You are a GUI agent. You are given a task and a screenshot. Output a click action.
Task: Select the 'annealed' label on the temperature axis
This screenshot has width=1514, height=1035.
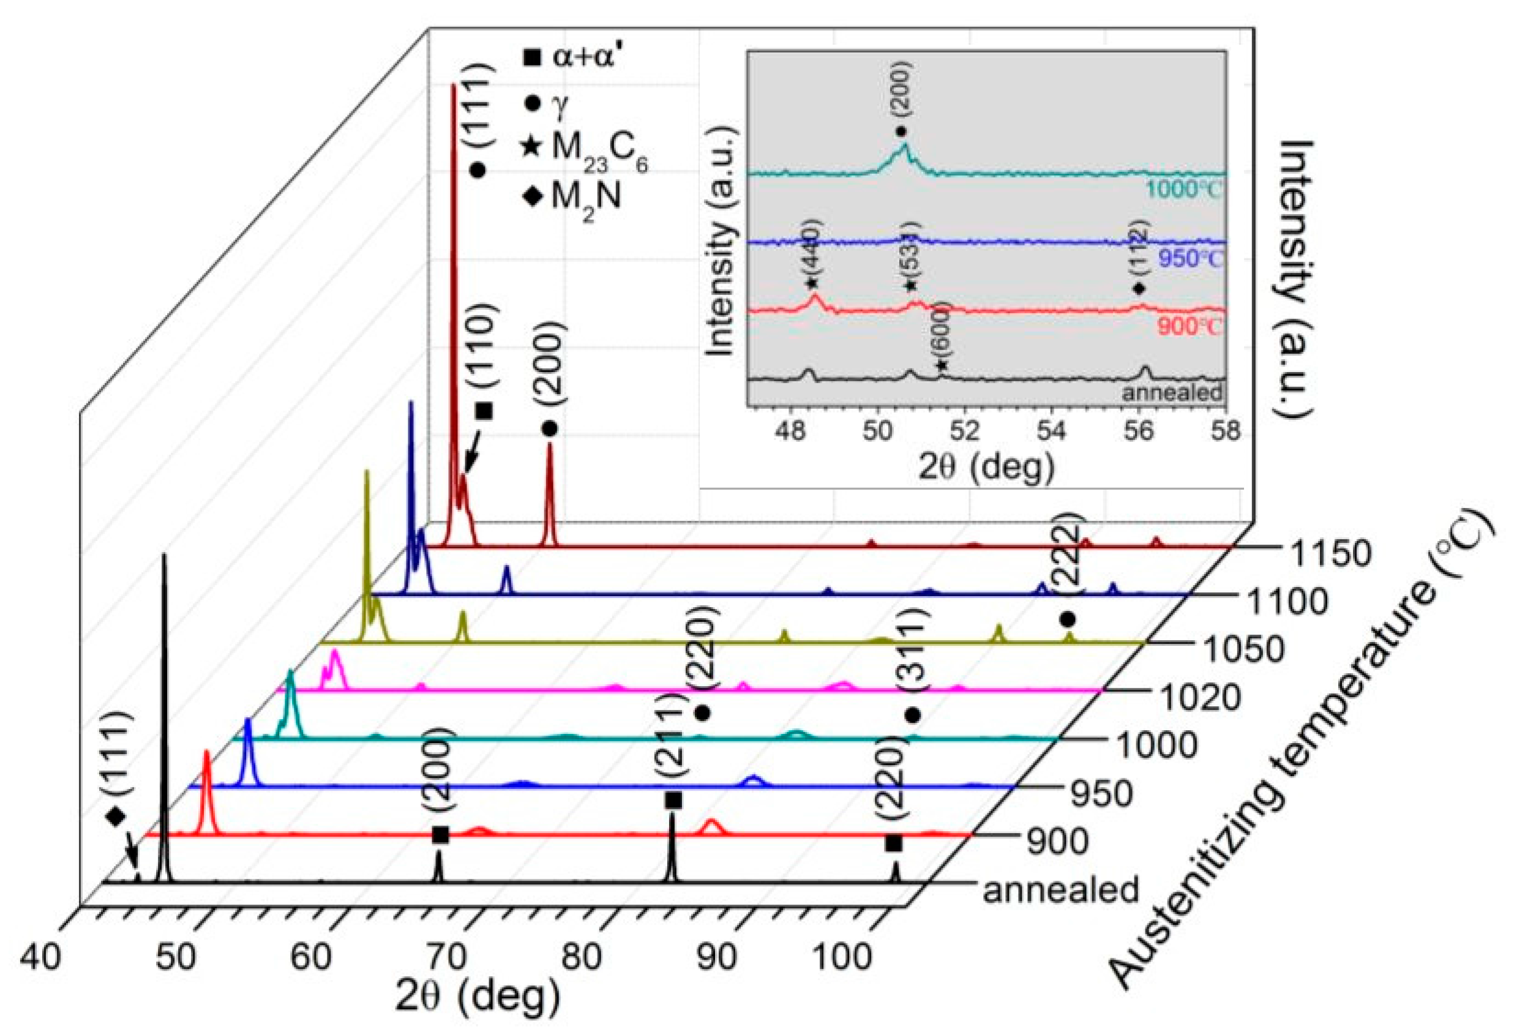coord(1060,890)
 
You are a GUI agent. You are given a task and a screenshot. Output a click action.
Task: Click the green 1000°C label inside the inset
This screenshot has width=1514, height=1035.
coord(1185,190)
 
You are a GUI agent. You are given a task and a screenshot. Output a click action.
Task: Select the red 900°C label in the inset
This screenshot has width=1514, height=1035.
coord(1190,326)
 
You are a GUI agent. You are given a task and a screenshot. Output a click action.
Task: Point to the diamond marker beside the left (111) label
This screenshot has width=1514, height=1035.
coord(116,816)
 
